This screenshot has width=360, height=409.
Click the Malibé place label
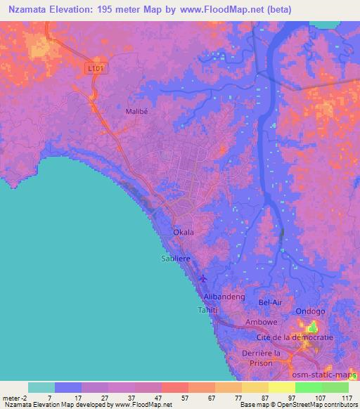[137, 110]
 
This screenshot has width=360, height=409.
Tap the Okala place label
[184, 231]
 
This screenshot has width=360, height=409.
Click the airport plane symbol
[203, 278]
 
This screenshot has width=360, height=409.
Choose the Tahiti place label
[208, 310]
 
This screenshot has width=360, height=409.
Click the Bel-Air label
[271, 303]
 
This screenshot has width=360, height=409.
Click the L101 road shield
[96, 68]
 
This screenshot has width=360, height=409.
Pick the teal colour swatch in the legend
[41, 387]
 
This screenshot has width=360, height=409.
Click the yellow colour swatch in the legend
[281, 387]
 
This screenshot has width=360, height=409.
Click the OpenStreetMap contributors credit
[311, 405]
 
